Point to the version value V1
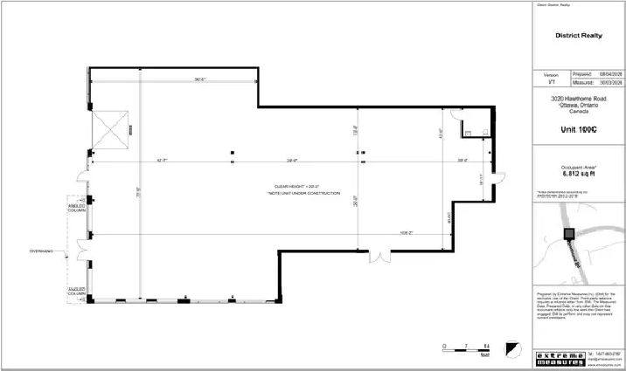pyautogui.click(x=551, y=82)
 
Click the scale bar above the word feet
pyautogui.click(x=466, y=347)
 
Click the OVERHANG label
pyautogui.click(x=42, y=251)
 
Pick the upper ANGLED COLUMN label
pyautogui.click(x=77, y=209)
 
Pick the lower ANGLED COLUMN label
pyautogui.click(x=77, y=291)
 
